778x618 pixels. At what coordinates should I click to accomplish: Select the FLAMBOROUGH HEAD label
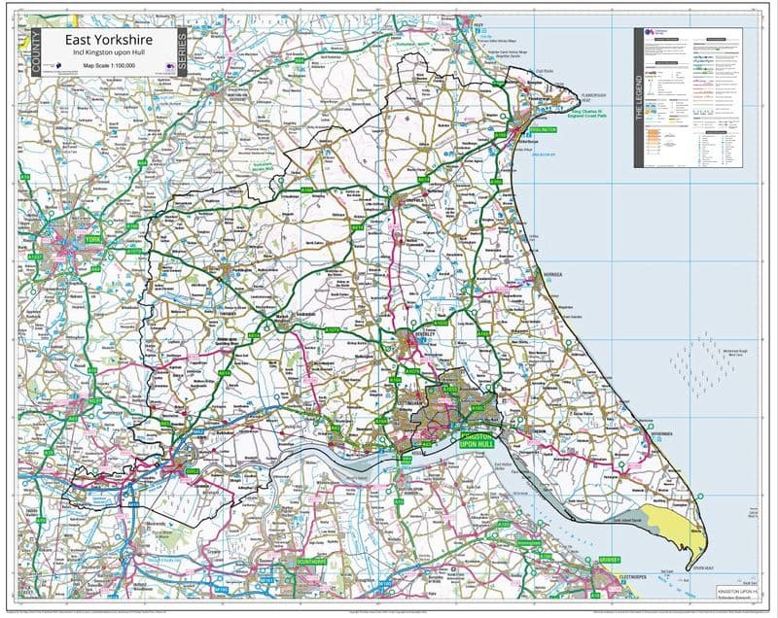(x=592, y=98)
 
